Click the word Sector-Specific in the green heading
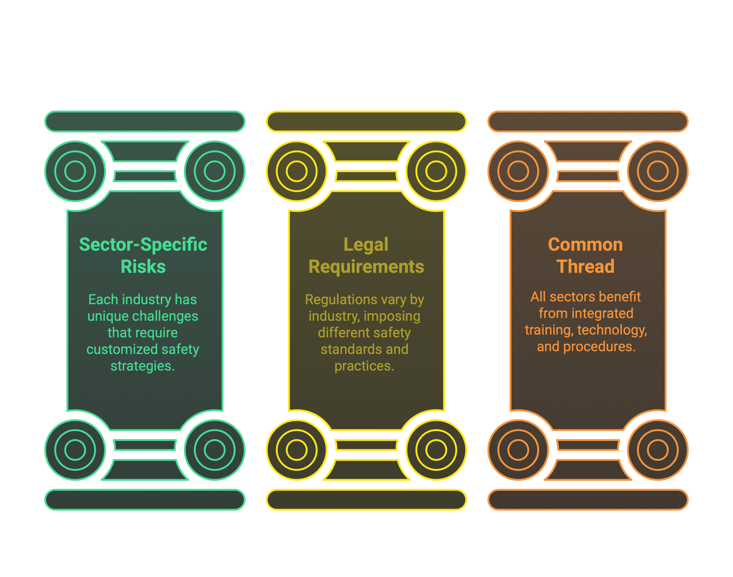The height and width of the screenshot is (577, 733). pos(143,244)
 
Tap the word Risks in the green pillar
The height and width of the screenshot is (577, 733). pos(143,266)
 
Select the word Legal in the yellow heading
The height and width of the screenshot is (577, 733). pos(366,244)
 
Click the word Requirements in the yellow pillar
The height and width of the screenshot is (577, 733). pos(366,266)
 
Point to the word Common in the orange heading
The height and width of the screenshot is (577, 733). pos(585,244)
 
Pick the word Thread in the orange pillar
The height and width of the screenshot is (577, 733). pos(585,266)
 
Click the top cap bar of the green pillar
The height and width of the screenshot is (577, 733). pos(145,121)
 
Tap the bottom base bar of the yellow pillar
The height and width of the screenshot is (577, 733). pos(366,500)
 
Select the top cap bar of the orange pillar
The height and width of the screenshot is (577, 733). pos(588,121)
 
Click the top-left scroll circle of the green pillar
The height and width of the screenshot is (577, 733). pos(75,171)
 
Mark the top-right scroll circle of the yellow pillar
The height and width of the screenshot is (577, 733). pos(436,171)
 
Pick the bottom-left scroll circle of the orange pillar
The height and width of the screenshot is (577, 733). pos(518,450)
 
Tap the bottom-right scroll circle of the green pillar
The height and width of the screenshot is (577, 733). pos(214,450)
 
